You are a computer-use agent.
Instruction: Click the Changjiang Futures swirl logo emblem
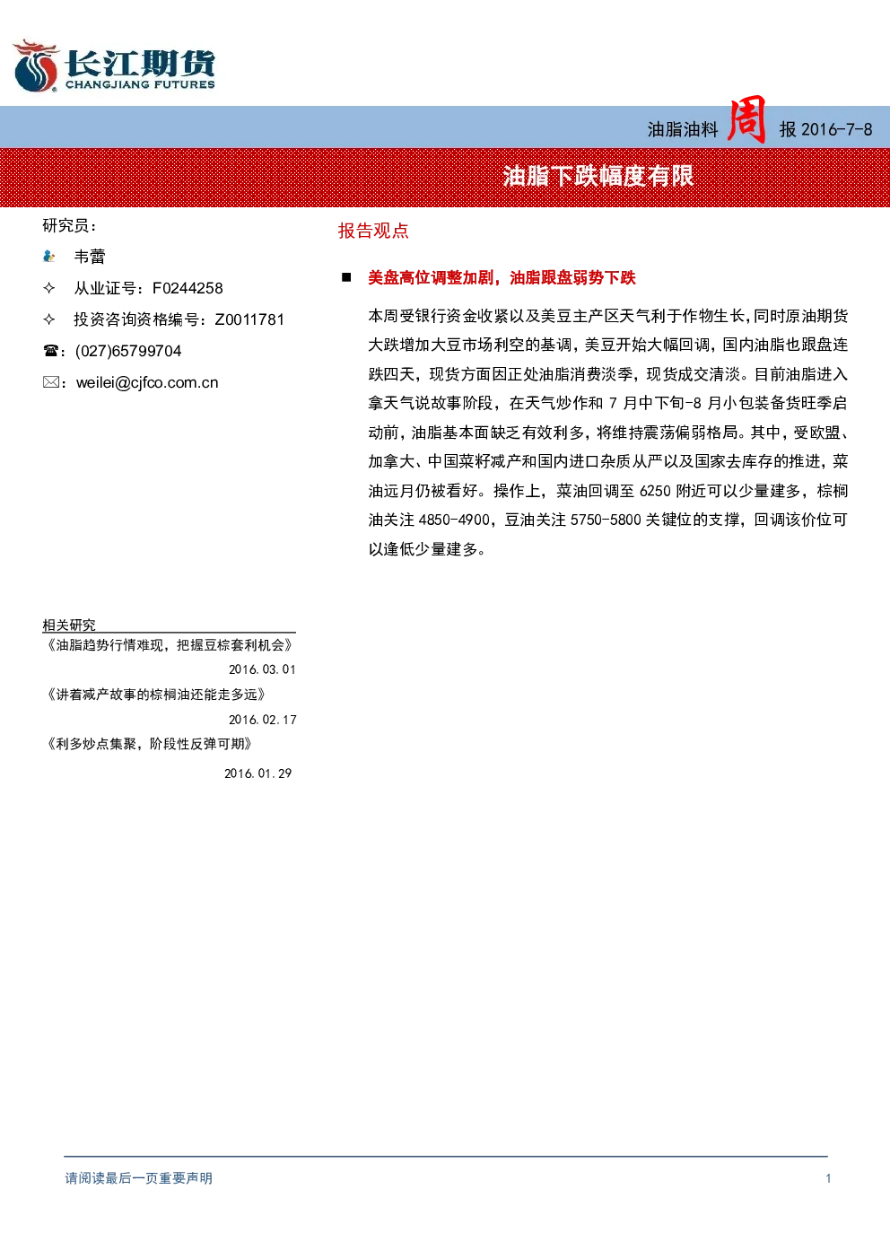pyautogui.click(x=36, y=66)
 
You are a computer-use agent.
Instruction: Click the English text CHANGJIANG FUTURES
pyautogui.click(x=140, y=84)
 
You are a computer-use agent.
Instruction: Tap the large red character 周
pyautogui.click(x=746, y=119)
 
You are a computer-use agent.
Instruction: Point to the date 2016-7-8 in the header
pyautogui.click(x=837, y=130)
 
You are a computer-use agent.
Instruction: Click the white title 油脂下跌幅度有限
pyautogui.click(x=598, y=177)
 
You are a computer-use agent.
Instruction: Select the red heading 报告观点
pyautogui.click(x=373, y=231)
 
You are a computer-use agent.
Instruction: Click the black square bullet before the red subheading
pyautogui.click(x=346, y=277)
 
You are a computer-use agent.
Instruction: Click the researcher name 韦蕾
pyautogui.click(x=90, y=257)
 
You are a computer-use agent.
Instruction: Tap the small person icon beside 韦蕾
pyautogui.click(x=48, y=257)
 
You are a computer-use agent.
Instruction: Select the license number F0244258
pyautogui.click(x=188, y=288)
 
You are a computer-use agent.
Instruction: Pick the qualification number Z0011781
pyautogui.click(x=249, y=319)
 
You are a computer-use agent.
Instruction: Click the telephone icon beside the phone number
pyautogui.click(x=50, y=351)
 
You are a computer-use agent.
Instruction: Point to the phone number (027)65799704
pyautogui.click(x=128, y=351)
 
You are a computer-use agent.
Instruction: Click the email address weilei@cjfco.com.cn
pyautogui.click(x=147, y=383)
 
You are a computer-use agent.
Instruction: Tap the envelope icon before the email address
pyautogui.click(x=50, y=382)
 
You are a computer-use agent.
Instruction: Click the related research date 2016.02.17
pyautogui.click(x=262, y=720)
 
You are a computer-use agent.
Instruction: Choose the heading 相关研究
pyautogui.click(x=69, y=625)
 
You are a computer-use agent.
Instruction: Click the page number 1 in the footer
pyautogui.click(x=828, y=1178)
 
